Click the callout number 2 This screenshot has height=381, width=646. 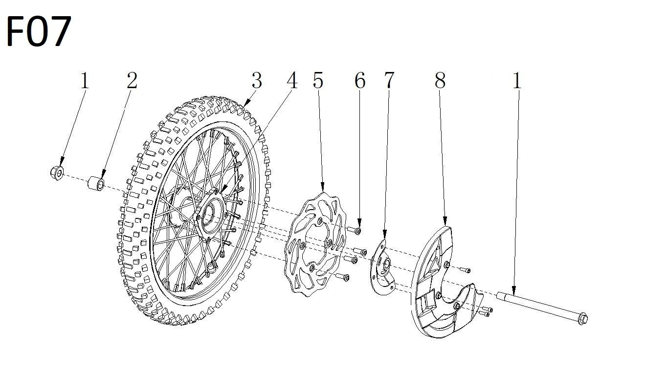(x=132, y=80)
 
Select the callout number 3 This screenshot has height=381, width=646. (x=257, y=80)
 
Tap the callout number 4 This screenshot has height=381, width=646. (x=292, y=80)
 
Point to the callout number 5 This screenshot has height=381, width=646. (x=318, y=80)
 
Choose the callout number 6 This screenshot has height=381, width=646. (x=360, y=80)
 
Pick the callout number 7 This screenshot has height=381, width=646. (x=388, y=80)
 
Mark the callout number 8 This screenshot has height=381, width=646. (x=440, y=80)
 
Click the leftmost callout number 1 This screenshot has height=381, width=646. (x=85, y=80)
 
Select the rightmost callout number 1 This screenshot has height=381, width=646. (x=517, y=80)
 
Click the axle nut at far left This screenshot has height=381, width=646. (x=57, y=172)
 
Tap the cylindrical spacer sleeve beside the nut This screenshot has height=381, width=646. (x=95, y=185)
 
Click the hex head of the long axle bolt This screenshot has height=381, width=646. (x=581, y=319)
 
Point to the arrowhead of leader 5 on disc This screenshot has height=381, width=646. (x=323, y=190)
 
